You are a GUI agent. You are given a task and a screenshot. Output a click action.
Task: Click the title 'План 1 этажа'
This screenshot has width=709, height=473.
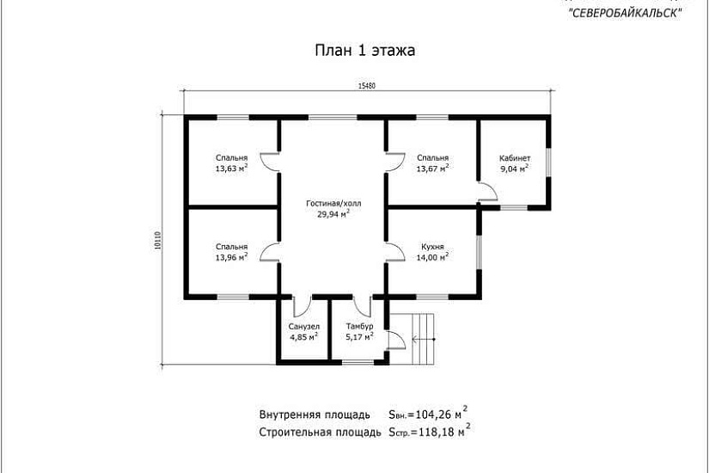(x=365, y=51)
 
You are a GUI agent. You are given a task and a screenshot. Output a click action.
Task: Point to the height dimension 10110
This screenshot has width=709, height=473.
(x=158, y=243)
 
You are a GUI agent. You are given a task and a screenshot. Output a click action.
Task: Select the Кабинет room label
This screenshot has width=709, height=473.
(x=515, y=158)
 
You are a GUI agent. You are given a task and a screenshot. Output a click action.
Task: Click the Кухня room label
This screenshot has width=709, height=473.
(x=432, y=245)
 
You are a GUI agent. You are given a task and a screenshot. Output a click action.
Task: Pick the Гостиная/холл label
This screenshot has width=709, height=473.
(x=333, y=204)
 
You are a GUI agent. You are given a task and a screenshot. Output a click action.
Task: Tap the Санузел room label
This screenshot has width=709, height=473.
(x=303, y=327)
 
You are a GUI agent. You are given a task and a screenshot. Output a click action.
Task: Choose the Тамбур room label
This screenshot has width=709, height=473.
(x=358, y=327)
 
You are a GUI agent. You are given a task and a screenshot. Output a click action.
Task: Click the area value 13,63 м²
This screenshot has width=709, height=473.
(x=232, y=169)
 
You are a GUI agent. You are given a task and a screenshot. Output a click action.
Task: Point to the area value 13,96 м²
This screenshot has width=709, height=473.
(x=232, y=256)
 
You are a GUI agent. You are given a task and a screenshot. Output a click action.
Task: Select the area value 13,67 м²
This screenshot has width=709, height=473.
(x=432, y=169)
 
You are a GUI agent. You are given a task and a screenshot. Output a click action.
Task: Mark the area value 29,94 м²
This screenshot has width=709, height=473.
(x=333, y=215)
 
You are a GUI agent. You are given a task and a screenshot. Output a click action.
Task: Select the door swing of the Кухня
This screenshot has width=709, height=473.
(x=396, y=250)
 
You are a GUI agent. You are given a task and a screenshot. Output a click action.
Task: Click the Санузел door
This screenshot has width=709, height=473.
(x=303, y=306)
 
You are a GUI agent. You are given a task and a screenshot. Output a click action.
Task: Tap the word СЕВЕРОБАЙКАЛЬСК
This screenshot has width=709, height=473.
(x=625, y=12)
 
